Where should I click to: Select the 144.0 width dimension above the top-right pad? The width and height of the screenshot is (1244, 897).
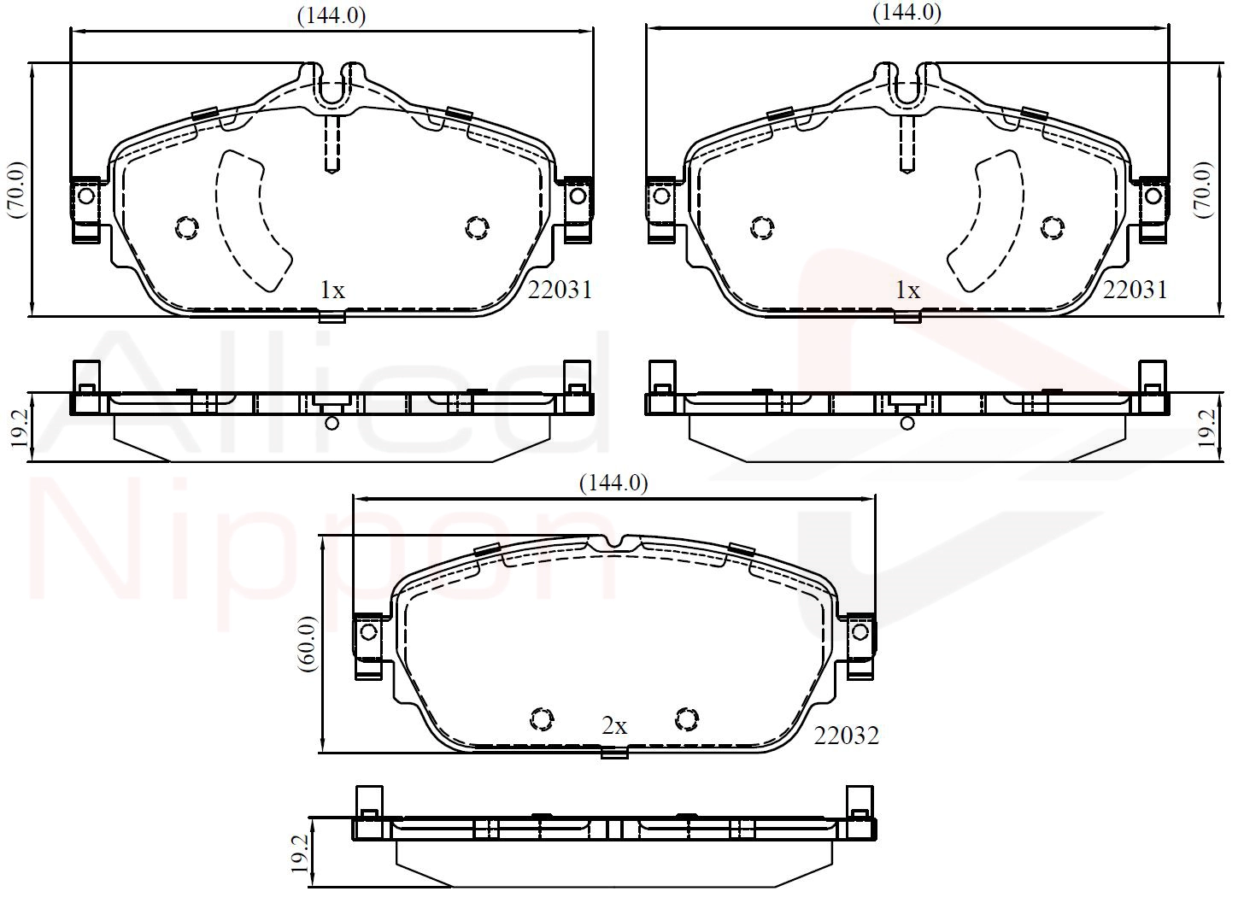(x=907, y=12)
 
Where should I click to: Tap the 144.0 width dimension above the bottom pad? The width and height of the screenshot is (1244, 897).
(x=613, y=484)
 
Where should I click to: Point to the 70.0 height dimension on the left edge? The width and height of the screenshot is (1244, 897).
(x=16, y=190)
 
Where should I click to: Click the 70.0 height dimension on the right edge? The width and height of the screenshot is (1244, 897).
(x=1203, y=190)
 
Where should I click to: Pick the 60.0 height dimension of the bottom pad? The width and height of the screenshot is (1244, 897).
(x=308, y=644)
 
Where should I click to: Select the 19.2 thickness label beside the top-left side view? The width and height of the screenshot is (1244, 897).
(x=18, y=429)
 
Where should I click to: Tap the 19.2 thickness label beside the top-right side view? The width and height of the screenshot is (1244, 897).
(x=1206, y=429)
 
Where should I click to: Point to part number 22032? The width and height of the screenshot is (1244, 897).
(x=847, y=736)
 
